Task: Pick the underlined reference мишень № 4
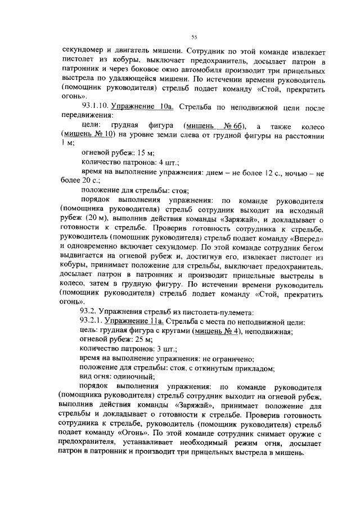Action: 217,331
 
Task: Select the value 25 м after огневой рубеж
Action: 142,340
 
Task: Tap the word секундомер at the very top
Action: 85,49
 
